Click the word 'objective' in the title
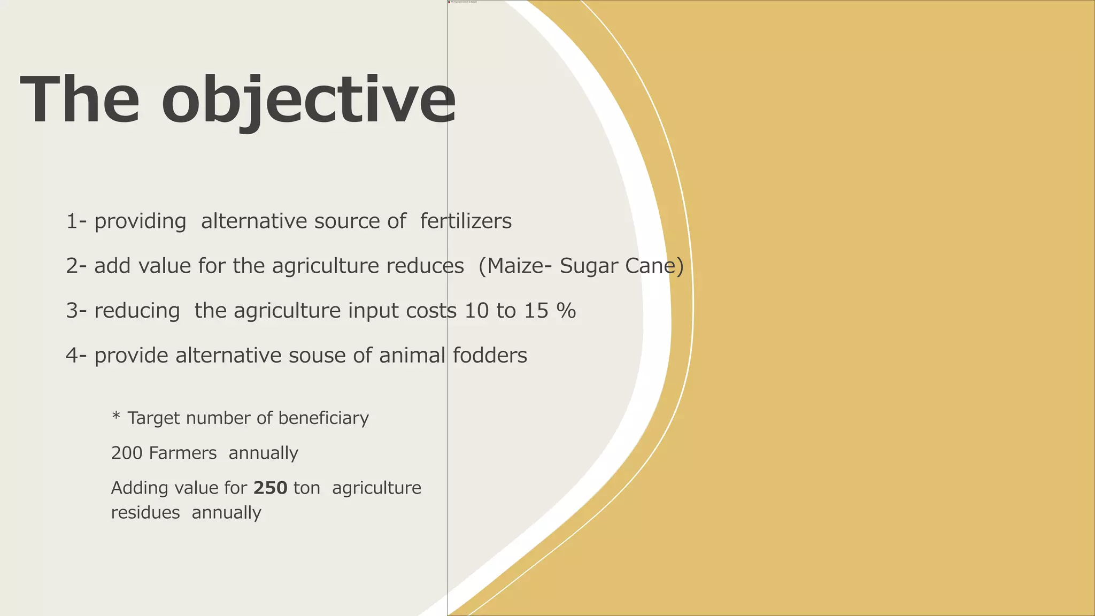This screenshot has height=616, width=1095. click(309, 101)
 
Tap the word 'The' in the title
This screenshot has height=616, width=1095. click(80, 101)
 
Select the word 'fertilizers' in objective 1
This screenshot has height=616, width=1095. click(466, 221)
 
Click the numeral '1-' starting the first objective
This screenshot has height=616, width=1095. click(76, 221)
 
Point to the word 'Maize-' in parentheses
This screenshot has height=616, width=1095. click(515, 266)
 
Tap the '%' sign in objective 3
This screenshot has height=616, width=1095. click(566, 311)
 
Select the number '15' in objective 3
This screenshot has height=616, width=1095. click(536, 311)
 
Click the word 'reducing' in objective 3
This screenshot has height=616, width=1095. click(137, 311)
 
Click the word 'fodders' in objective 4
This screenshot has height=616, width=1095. click(490, 356)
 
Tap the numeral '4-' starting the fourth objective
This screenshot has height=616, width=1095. click(76, 356)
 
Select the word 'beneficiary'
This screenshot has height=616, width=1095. click(323, 418)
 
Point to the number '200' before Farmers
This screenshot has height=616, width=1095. click(126, 453)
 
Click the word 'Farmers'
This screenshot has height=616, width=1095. click(183, 453)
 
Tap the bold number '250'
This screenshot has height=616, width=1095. click(270, 488)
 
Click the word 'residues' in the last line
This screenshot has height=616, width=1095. click(145, 513)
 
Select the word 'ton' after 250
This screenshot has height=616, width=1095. click(307, 489)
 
